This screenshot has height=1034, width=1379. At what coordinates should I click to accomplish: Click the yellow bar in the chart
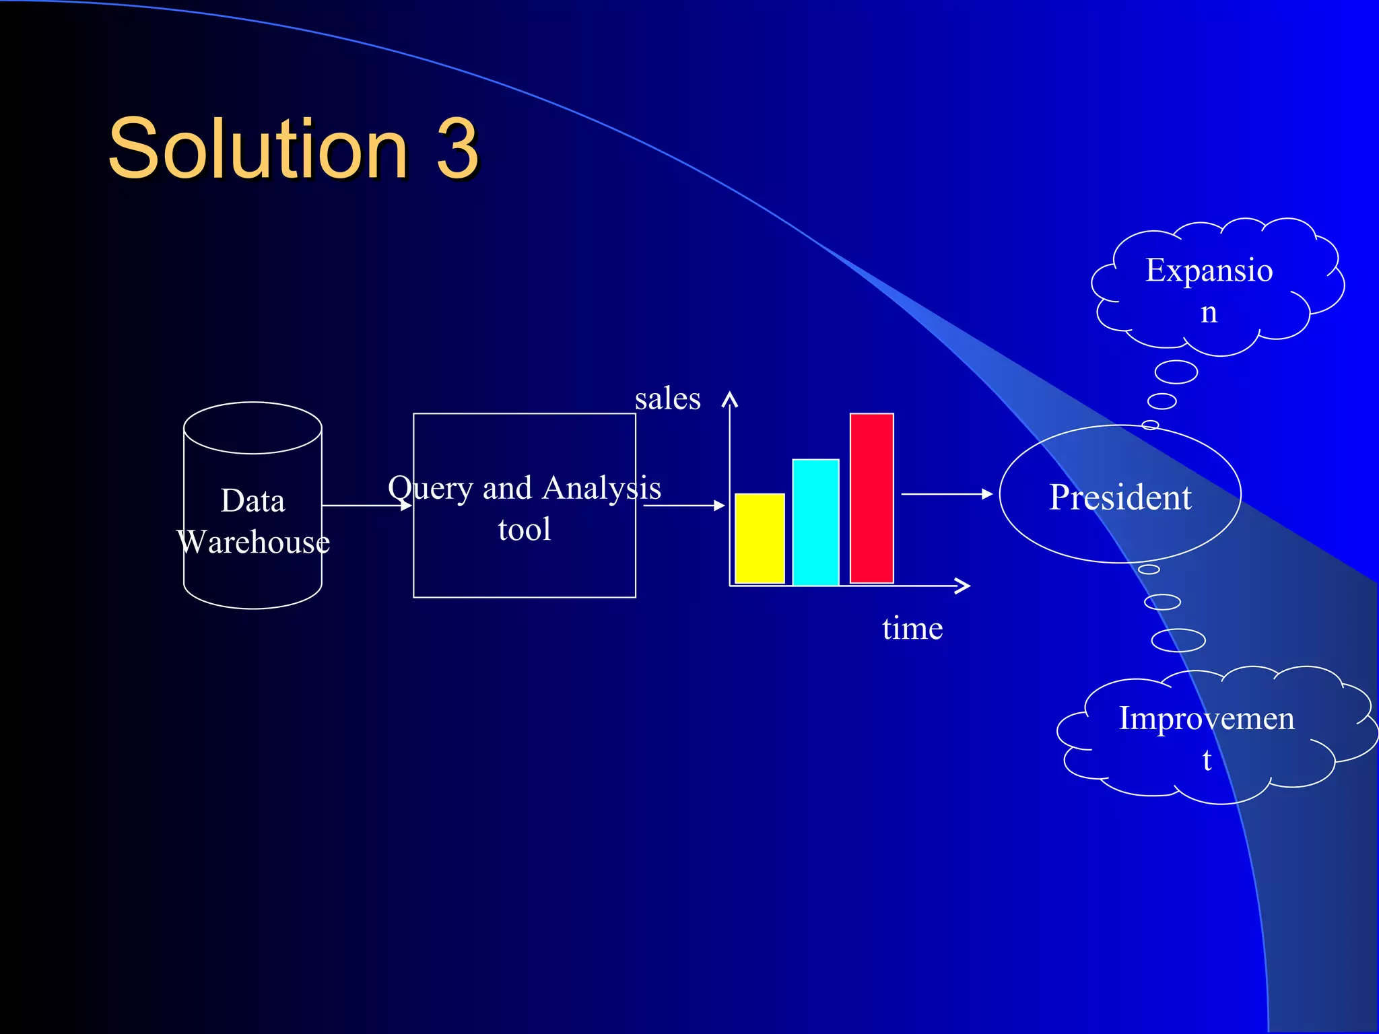(760, 539)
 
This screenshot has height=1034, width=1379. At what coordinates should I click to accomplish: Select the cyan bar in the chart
(815, 522)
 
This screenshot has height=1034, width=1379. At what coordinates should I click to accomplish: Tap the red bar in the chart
(871, 498)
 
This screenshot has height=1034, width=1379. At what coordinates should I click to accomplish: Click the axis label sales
(667, 399)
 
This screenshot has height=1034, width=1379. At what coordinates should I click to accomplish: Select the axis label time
(912, 628)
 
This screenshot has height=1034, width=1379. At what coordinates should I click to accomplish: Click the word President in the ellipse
(1120, 497)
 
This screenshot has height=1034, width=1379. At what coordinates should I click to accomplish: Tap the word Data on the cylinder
(253, 501)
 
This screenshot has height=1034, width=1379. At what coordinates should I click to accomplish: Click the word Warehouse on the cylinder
(253, 542)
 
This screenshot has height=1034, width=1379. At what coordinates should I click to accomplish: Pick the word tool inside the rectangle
(524, 529)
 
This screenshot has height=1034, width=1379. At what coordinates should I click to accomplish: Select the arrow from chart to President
(946, 494)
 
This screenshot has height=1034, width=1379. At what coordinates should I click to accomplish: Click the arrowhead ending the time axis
(964, 586)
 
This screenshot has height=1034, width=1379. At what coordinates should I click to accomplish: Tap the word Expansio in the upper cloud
(1209, 270)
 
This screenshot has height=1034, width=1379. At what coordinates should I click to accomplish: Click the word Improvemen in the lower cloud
(1206, 718)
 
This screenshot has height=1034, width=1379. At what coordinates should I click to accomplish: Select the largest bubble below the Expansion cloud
(1176, 372)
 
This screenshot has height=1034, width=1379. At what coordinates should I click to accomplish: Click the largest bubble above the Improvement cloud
(1178, 640)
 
